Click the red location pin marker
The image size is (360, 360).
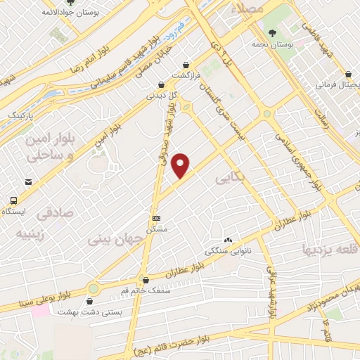click(x=181, y=165)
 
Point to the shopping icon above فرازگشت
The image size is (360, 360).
click(x=186, y=63)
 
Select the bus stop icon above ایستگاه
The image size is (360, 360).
click(x=12, y=200)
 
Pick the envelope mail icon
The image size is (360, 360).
click(x=28, y=182)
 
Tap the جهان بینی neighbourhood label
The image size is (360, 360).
click(x=116, y=240)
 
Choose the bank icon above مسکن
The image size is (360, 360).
click(x=155, y=218)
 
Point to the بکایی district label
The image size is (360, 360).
click(x=229, y=181)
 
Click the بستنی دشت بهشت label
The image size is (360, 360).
click(x=108, y=311)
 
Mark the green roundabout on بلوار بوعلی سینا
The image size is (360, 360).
click(x=94, y=289)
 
